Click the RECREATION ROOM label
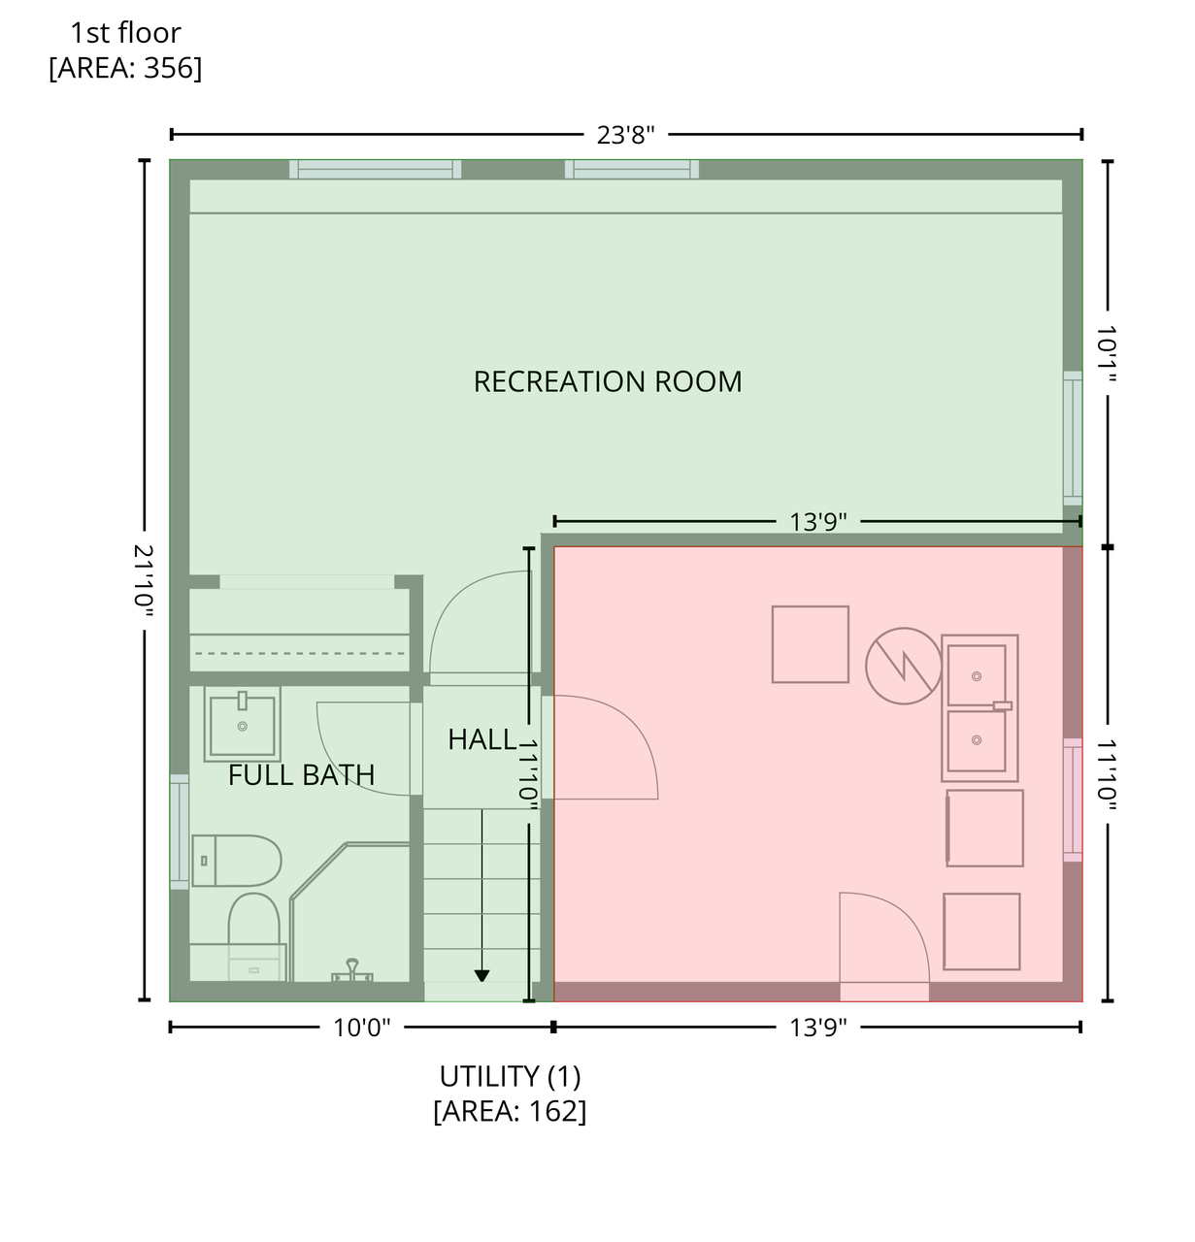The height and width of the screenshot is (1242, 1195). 608,381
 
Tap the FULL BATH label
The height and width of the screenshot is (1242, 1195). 302,775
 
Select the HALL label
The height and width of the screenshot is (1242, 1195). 481,739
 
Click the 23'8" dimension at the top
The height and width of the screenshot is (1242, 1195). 626,135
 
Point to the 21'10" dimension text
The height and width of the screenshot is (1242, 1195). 144,581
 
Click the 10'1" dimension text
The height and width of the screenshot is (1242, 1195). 1107,353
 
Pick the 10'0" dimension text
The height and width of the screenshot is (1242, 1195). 361,1028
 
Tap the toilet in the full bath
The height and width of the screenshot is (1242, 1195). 236,861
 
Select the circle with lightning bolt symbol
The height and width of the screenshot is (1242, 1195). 903,666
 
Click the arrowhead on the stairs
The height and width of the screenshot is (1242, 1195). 481,976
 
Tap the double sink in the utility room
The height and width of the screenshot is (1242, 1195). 979,707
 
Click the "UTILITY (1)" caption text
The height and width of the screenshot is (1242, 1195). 510,1077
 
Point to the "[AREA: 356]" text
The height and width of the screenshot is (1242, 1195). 125,68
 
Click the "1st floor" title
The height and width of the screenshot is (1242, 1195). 125,33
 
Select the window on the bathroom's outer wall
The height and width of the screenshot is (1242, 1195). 180,832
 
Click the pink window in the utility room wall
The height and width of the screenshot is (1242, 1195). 1073,800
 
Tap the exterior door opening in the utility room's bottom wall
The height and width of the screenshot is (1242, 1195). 884,992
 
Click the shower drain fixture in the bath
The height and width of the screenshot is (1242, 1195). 352,970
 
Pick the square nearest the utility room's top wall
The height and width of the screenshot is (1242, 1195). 810,644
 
